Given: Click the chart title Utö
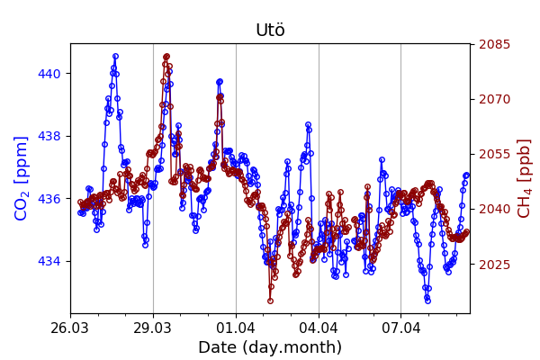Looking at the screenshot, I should (x=270, y=31).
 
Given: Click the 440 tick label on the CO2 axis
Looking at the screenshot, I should (x=49, y=74).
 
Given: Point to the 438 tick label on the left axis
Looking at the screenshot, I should (x=49, y=136).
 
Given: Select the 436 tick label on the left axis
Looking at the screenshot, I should (x=49, y=199).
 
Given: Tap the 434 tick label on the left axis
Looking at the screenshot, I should (x=49, y=261).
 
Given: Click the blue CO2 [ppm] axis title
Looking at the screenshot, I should (x=22, y=178).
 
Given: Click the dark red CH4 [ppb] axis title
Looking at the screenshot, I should (x=525, y=178).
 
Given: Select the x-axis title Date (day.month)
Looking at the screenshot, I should (x=270, y=347).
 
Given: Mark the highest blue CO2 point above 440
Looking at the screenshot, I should (x=115, y=56).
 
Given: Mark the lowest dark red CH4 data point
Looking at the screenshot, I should (x=270, y=301).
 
